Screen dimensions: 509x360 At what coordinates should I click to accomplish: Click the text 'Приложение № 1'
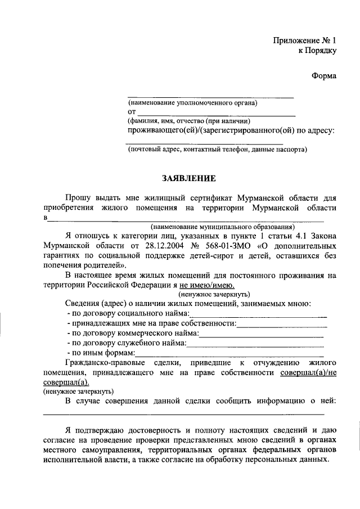[x=305, y=40]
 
